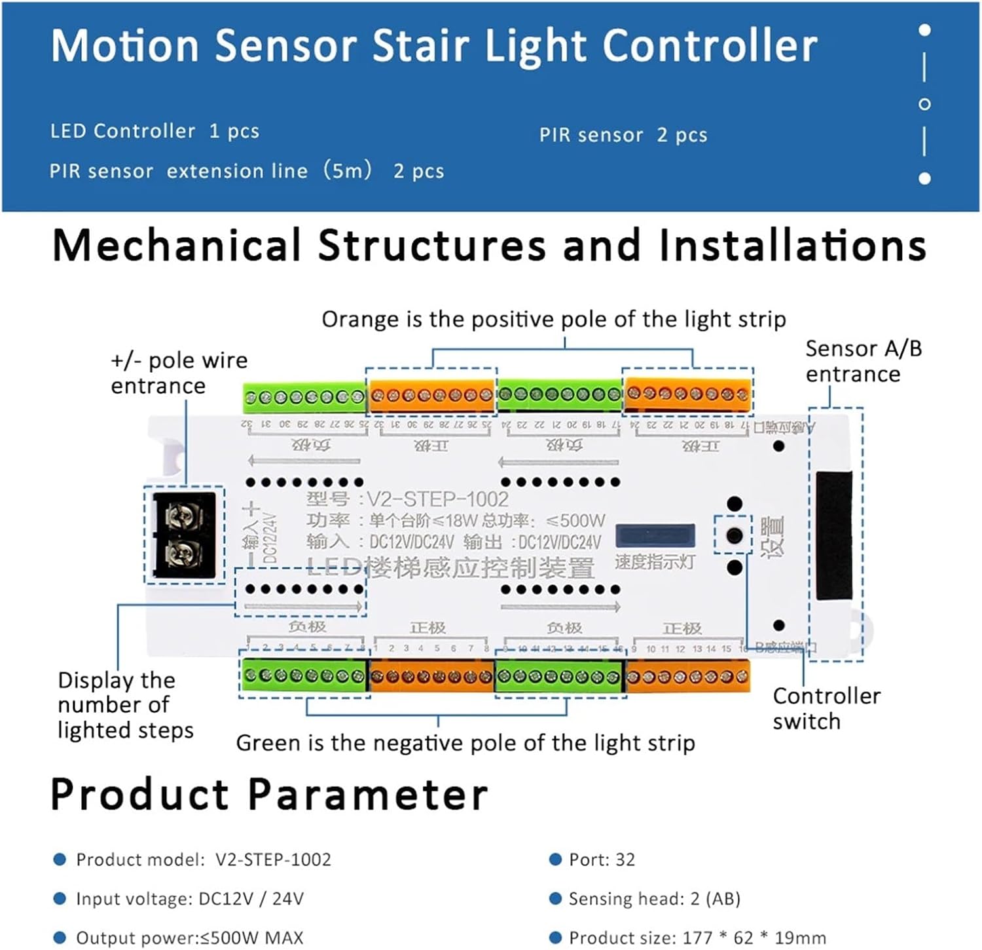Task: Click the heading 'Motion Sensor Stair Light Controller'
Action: click(x=433, y=46)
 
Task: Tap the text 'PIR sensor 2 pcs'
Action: click(x=623, y=135)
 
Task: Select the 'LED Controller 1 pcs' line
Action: click(x=155, y=131)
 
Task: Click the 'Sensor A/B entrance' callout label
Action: click(x=862, y=361)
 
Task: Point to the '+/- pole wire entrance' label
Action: click(x=179, y=373)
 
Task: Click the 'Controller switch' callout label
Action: click(x=826, y=708)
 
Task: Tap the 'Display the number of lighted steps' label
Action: click(x=124, y=705)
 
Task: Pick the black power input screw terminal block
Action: click(x=183, y=535)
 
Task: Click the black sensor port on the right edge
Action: click(x=834, y=535)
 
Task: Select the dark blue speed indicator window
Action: click(x=655, y=535)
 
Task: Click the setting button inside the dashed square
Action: click(x=734, y=535)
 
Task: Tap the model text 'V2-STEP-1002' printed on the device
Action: click(x=437, y=500)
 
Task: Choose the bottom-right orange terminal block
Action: click(x=687, y=677)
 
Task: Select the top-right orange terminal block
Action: click(x=687, y=394)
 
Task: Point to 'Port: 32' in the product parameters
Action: click(x=602, y=860)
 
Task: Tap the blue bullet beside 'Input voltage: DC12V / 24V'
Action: click(x=60, y=898)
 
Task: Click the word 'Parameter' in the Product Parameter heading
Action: click(x=368, y=795)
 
